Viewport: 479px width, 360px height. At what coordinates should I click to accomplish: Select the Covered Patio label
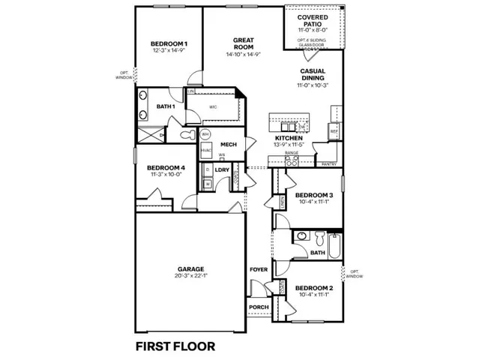click(x=313, y=22)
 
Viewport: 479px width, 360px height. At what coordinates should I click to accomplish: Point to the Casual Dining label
click(x=313, y=75)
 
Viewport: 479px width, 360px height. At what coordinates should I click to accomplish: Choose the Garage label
click(x=190, y=268)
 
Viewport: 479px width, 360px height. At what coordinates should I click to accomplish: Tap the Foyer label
click(x=259, y=268)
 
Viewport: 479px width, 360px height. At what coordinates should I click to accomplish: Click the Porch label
click(x=259, y=307)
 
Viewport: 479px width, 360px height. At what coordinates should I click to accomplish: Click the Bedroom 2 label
click(x=313, y=288)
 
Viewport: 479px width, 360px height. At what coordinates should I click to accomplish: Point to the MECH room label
click(x=229, y=145)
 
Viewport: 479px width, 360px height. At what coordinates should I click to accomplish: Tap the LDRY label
click(x=221, y=170)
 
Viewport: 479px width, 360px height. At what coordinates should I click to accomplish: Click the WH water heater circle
click(x=205, y=134)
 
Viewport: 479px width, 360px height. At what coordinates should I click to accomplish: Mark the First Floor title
click(x=175, y=346)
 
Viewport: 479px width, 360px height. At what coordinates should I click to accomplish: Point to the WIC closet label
click(x=213, y=107)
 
